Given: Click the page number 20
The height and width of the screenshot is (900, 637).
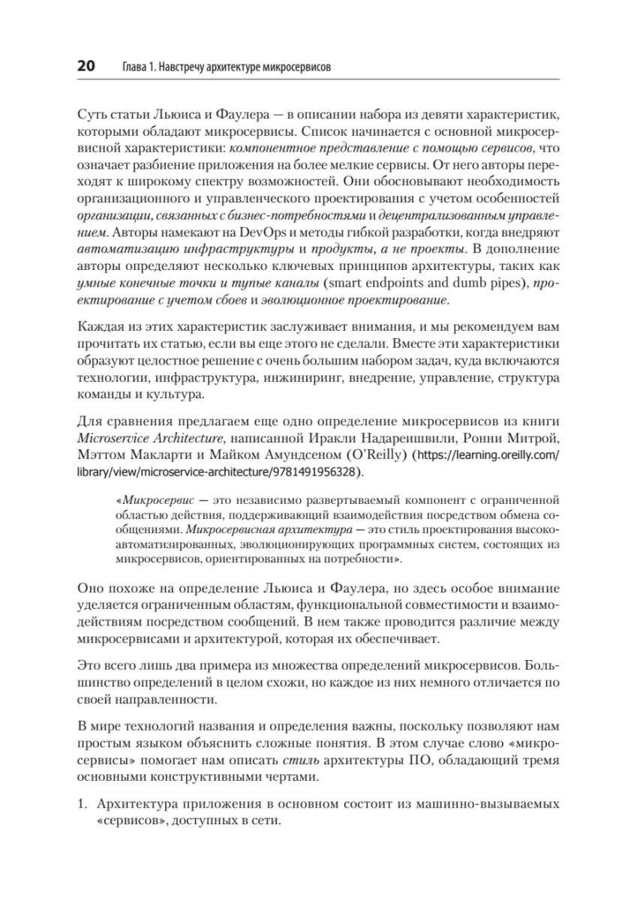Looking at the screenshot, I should pyautogui.click(x=85, y=67).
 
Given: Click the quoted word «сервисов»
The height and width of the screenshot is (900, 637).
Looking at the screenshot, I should pyautogui.click(x=128, y=822).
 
